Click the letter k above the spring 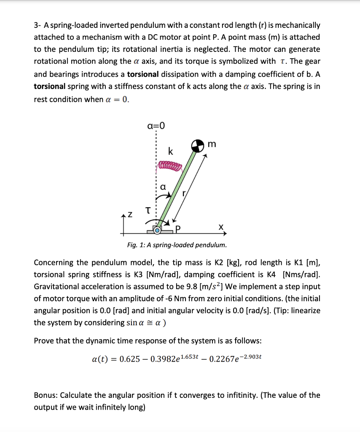tap(170, 151)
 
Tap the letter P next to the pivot tap(177, 229)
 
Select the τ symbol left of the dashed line tap(148, 210)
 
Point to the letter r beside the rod tap(183, 194)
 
